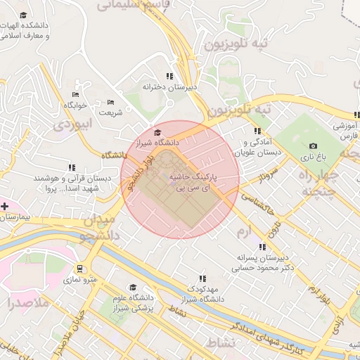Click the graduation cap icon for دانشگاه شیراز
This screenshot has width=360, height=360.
coord(157,132)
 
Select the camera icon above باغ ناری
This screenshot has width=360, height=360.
coord(312,146)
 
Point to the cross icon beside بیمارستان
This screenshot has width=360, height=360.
coord(6,206)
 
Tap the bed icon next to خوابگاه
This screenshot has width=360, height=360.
coord(75,95)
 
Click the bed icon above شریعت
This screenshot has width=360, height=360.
coord(110,103)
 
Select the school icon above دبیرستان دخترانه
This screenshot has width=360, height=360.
coord(169,76)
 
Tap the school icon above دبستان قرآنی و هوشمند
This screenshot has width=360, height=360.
coord(72,168)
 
